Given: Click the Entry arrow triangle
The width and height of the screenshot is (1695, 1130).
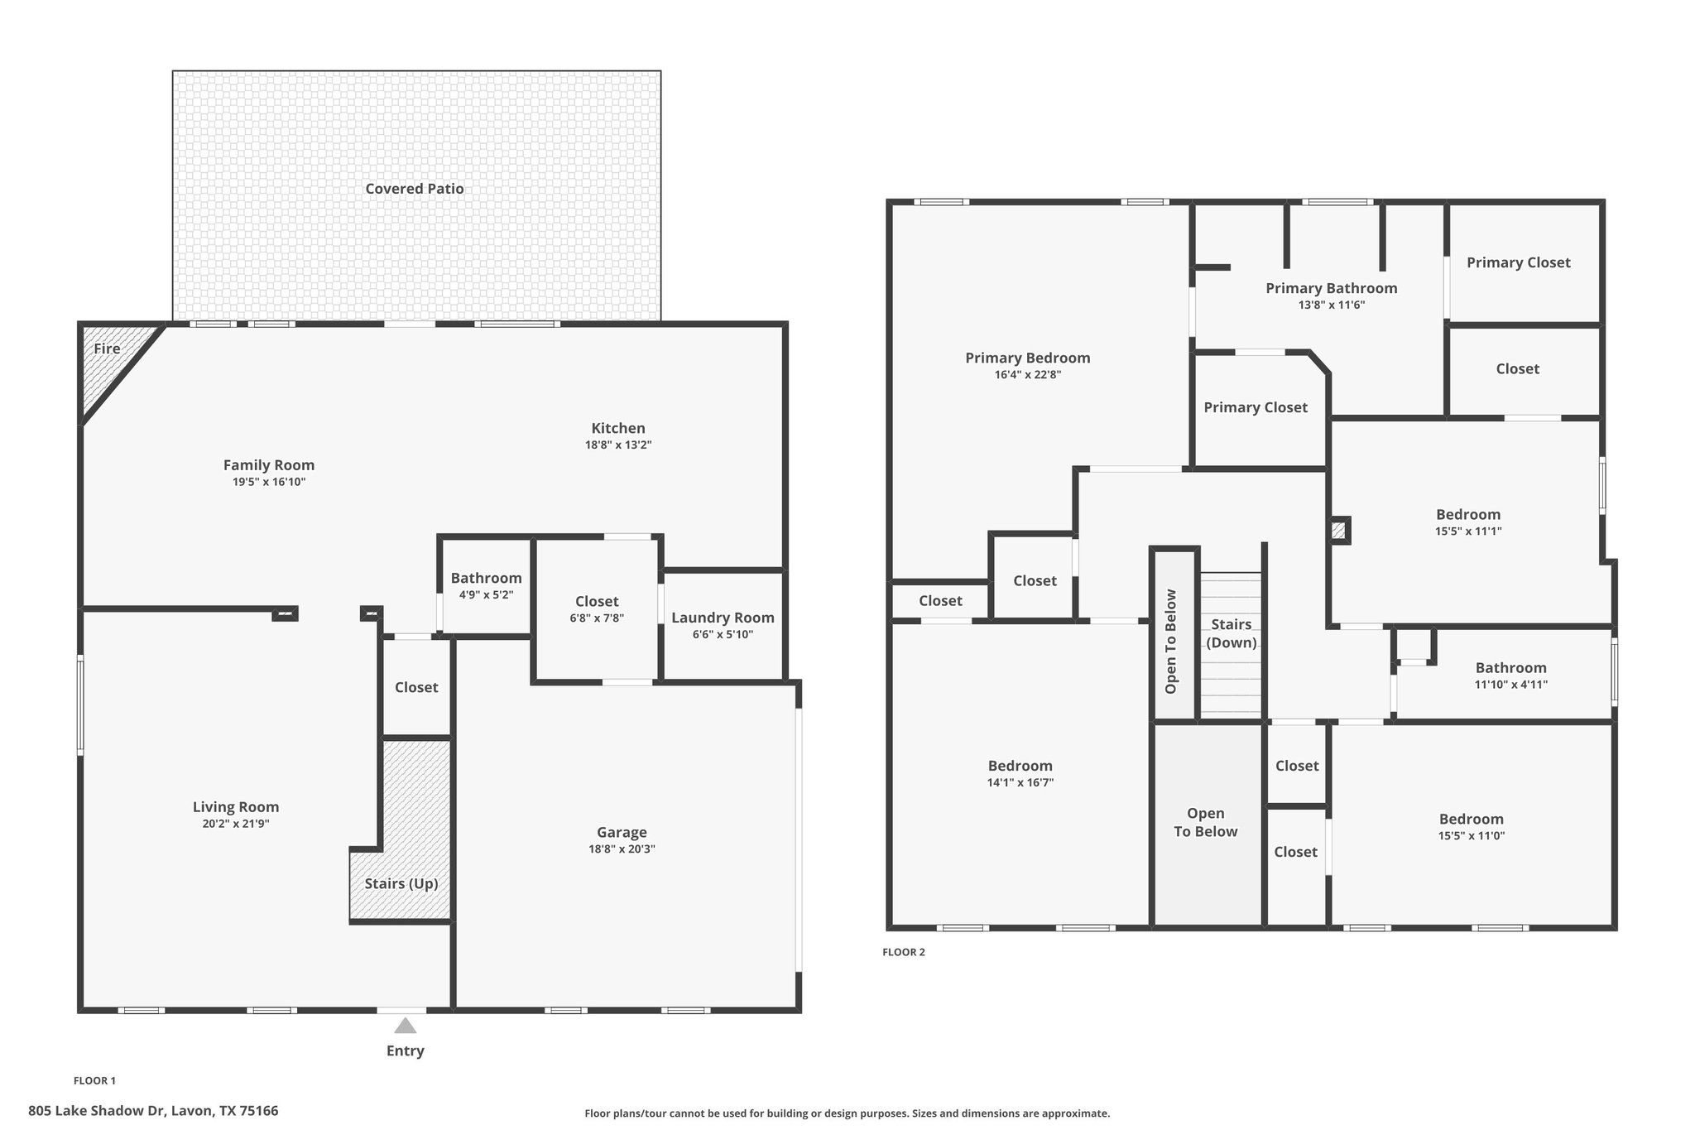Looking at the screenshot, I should [405, 1026].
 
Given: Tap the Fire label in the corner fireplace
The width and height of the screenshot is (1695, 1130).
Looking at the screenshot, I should [107, 349].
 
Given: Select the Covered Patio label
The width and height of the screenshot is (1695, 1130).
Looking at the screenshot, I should [415, 189].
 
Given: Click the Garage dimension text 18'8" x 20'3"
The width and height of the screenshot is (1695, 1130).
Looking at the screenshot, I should [622, 849].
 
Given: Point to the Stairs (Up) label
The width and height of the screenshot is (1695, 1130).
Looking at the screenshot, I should [401, 883].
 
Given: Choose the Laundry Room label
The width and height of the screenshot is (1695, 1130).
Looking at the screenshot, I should [723, 618].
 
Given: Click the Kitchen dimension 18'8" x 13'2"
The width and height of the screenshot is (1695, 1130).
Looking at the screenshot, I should [618, 445].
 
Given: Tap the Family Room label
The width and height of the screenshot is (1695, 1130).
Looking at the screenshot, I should [269, 465].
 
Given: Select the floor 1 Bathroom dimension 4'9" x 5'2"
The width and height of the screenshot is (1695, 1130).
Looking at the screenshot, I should [486, 594].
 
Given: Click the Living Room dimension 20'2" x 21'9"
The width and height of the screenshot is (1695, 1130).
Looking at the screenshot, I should [236, 824].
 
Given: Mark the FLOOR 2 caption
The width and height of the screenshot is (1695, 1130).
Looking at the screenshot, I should [904, 952].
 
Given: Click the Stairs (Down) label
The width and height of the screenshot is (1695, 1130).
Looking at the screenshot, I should [1231, 633].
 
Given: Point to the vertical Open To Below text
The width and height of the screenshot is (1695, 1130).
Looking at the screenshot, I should [1171, 641].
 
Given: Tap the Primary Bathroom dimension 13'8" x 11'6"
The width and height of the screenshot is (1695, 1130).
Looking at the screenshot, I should [1331, 305].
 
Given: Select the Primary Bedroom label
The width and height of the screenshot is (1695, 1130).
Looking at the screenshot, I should [1027, 358].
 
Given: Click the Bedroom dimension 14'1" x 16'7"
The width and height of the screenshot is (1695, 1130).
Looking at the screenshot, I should [1020, 782].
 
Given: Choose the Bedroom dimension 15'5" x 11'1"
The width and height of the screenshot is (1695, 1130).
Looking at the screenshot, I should [1468, 531].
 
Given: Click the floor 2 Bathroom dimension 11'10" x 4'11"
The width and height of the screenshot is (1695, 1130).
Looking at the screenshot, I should [1510, 685].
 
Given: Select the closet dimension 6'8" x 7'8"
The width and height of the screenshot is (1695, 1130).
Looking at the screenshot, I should [597, 618].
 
